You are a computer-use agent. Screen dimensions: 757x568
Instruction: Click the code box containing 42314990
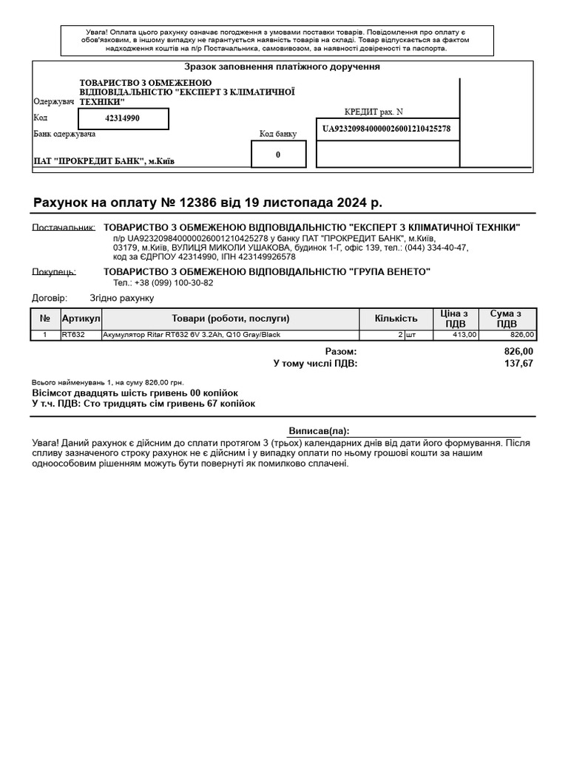coord(123,118)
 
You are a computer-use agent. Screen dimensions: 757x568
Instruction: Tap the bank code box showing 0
coord(278,155)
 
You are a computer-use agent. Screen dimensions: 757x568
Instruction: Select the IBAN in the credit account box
coord(387,129)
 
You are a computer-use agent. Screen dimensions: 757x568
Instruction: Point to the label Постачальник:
coord(64,228)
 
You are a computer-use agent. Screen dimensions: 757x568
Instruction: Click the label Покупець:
coord(54,272)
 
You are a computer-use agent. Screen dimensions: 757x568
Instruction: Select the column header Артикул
coord(81,319)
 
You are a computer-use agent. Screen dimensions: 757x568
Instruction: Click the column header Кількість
coord(396,319)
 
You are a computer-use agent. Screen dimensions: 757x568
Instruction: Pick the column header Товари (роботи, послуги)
coord(230,319)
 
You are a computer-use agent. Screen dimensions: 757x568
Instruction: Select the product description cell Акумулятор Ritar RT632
coord(192,335)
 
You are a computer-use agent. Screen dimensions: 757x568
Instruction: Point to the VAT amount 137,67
coord(518,363)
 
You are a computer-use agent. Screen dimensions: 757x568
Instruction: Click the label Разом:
coord(340,351)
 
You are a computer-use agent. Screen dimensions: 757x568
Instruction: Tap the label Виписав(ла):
coord(319,431)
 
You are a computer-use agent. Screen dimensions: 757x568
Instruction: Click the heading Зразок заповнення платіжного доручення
coord(282,67)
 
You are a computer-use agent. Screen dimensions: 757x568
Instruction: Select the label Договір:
coord(50,298)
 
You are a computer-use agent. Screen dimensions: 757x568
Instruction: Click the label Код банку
coord(278,134)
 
